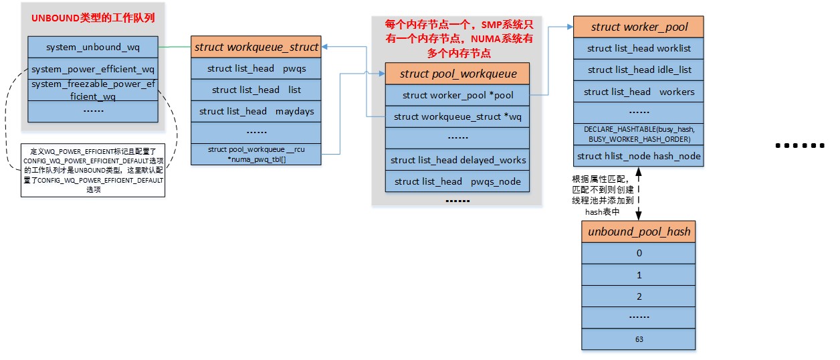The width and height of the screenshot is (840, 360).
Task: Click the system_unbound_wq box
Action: (x=93, y=48)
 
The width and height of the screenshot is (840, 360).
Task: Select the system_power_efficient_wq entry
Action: (x=93, y=68)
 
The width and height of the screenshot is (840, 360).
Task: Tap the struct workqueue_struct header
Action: (x=256, y=48)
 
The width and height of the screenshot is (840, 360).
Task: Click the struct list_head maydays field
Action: (x=256, y=111)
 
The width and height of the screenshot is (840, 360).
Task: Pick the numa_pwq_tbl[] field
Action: (x=256, y=155)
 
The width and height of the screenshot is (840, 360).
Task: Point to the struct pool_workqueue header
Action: (x=458, y=74)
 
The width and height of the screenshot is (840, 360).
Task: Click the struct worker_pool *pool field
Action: (x=458, y=95)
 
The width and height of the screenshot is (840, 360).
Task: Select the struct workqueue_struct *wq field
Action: (x=458, y=116)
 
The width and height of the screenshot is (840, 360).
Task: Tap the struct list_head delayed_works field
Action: (x=458, y=160)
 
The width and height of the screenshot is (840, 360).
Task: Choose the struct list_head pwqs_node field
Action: (x=458, y=181)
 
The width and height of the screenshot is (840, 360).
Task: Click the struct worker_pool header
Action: (x=639, y=27)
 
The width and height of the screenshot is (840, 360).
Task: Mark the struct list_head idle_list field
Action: (x=639, y=70)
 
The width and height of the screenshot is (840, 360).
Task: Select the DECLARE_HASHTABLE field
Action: (x=639, y=134)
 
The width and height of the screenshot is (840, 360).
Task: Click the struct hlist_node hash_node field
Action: (x=639, y=156)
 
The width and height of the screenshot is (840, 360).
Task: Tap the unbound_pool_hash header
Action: (x=639, y=232)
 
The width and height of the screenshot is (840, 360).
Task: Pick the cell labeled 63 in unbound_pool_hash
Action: (x=639, y=339)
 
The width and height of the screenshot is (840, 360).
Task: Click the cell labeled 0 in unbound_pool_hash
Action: (x=639, y=253)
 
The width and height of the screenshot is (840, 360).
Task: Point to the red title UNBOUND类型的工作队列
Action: (x=93, y=18)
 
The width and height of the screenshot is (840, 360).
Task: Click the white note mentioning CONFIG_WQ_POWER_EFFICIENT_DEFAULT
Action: (x=93, y=171)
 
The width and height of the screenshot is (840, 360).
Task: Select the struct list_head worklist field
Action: (x=639, y=48)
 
